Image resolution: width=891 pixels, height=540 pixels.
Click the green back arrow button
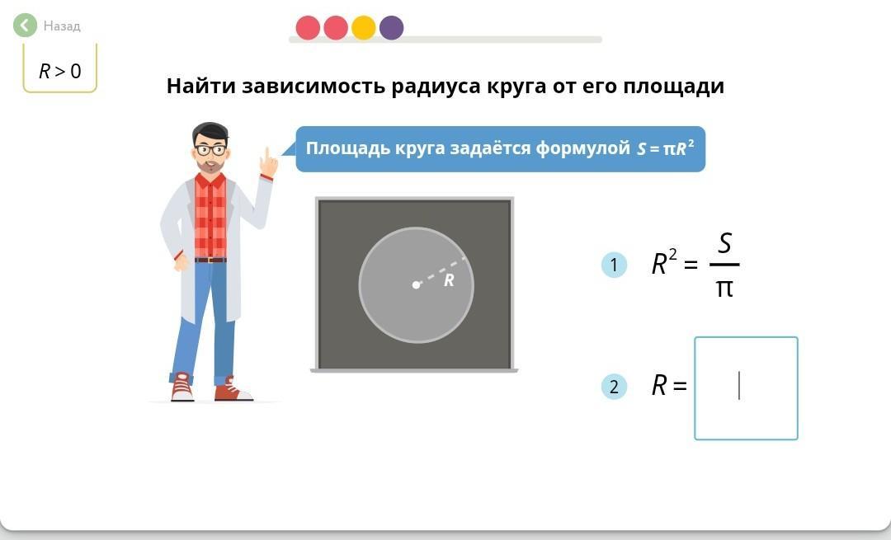point(25,25)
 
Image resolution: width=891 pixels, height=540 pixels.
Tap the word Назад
point(62,26)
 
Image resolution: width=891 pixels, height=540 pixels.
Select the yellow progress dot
point(364,28)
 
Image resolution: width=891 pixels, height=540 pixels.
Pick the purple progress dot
point(392,28)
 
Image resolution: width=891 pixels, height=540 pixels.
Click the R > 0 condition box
point(59,69)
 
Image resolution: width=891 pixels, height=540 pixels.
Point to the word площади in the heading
point(673,87)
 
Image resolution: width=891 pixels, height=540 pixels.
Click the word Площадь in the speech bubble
point(346,148)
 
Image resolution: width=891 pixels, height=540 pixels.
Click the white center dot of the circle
point(416,284)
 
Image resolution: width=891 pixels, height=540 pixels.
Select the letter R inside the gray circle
point(449,280)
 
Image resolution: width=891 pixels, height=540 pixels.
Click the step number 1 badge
point(614,265)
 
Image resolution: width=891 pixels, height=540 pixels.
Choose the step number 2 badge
point(614,387)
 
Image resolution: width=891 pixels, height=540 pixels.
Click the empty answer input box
point(746,388)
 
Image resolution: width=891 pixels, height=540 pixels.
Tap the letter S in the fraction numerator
point(724,243)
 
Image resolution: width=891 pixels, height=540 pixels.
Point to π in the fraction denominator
point(724,289)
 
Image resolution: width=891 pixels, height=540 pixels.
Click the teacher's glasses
point(211,150)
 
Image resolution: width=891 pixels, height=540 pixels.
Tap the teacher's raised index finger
point(266,155)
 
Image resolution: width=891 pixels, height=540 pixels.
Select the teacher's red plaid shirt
point(210,216)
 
